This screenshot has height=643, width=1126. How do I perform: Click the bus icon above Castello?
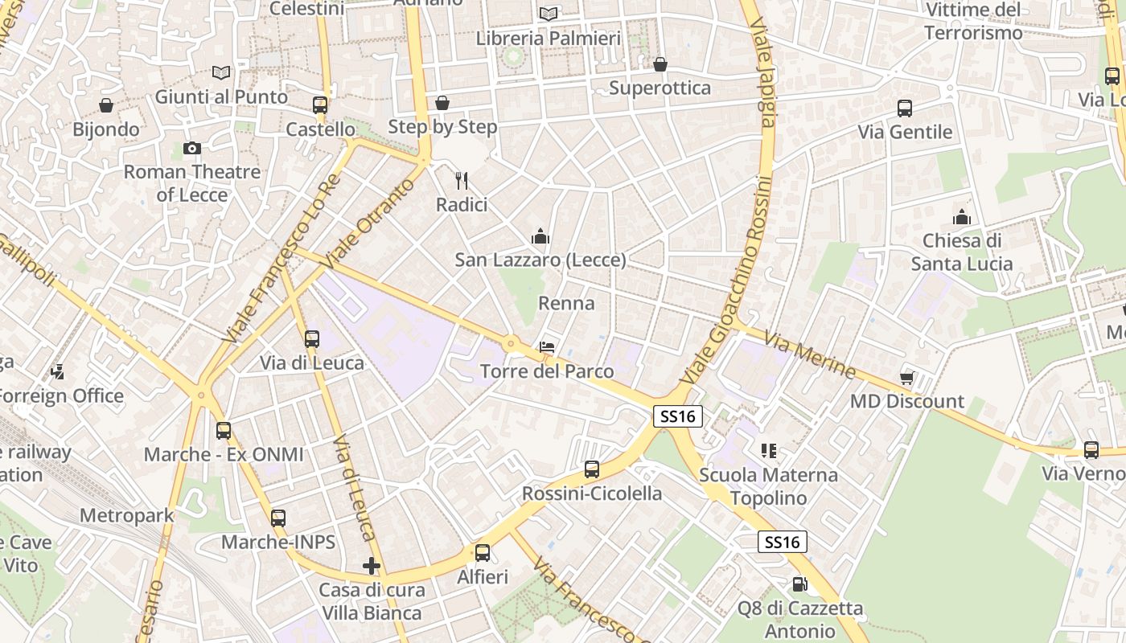pyautogui.click(x=320, y=104)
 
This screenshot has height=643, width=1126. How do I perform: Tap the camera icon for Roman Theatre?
pyautogui.click(x=191, y=148)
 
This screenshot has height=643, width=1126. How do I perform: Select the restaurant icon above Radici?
pyautogui.click(x=462, y=180)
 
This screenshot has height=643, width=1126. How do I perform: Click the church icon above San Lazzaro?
pyautogui.click(x=540, y=236)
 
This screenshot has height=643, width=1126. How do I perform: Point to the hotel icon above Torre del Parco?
pyautogui.click(x=547, y=347)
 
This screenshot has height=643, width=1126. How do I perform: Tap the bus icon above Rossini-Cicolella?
pyautogui.click(x=592, y=469)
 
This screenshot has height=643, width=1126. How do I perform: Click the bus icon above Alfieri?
pyautogui.click(x=483, y=553)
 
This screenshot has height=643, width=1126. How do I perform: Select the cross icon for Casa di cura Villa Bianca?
pyautogui.click(x=372, y=566)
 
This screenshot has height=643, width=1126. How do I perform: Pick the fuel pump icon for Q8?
pyautogui.click(x=799, y=584)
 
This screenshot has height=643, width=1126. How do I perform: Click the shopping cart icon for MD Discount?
pyautogui.click(x=907, y=377)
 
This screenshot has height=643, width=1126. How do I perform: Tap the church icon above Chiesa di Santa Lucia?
pyautogui.click(x=962, y=217)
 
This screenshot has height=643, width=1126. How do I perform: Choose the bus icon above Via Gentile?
pyautogui.click(x=905, y=109)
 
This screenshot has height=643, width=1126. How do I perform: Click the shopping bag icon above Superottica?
pyautogui.click(x=660, y=64)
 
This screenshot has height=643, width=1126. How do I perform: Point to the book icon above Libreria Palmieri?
pyautogui.click(x=549, y=14)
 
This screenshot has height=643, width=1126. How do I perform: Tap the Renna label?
pyautogui.click(x=566, y=304)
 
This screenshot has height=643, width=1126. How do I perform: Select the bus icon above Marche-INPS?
pyautogui.click(x=278, y=518)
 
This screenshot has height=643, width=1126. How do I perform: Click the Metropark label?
pyautogui.click(x=127, y=516)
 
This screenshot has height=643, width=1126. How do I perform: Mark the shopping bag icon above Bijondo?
pyautogui.click(x=106, y=105)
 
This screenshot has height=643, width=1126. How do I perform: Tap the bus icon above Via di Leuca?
pyautogui.click(x=312, y=339)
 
